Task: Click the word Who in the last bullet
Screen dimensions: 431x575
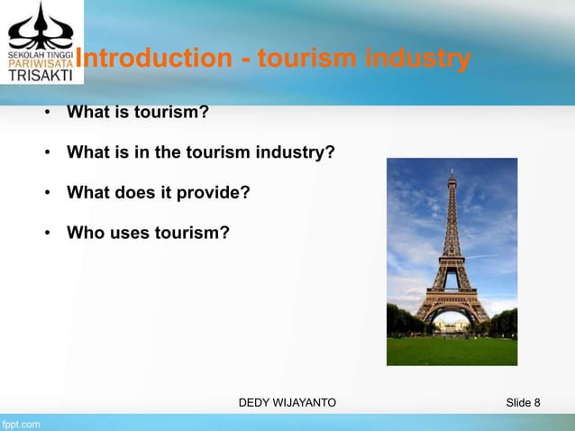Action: click(x=85, y=234)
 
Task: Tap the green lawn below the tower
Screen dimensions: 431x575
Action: click(x=451, y=347)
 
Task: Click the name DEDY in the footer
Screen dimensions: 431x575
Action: click(x=255, y=400)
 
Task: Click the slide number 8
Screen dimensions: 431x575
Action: click(x=536, y=400)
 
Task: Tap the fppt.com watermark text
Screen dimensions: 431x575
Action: click(x=20, y=422)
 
